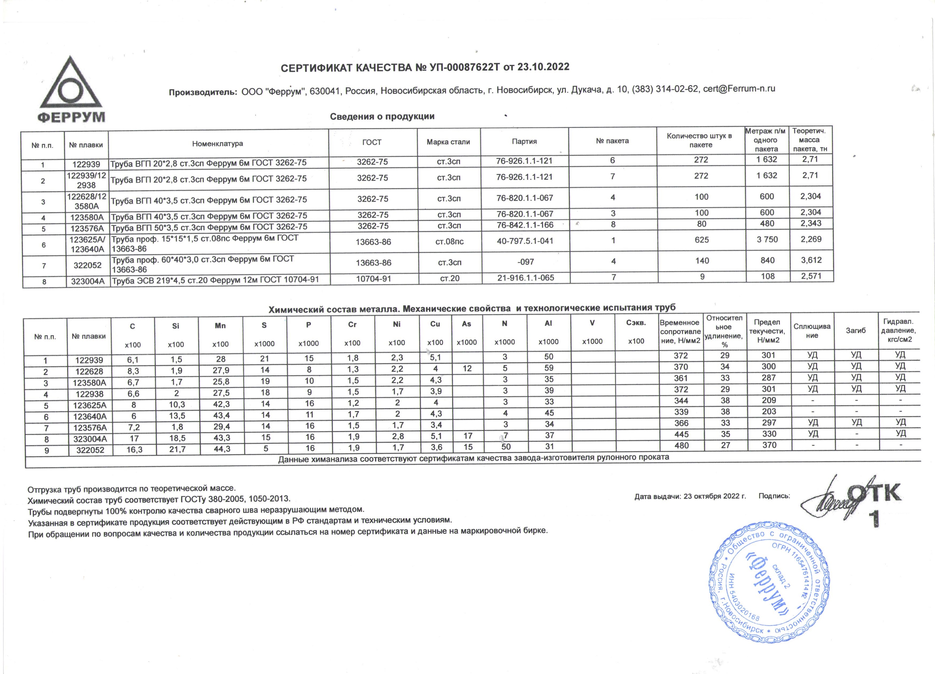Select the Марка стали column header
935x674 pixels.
448,142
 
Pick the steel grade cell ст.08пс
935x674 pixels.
449,242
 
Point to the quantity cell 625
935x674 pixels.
702,240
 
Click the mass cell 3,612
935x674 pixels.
811,260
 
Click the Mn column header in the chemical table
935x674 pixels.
220,326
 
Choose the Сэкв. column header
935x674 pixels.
636,323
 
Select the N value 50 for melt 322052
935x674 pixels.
506,447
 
